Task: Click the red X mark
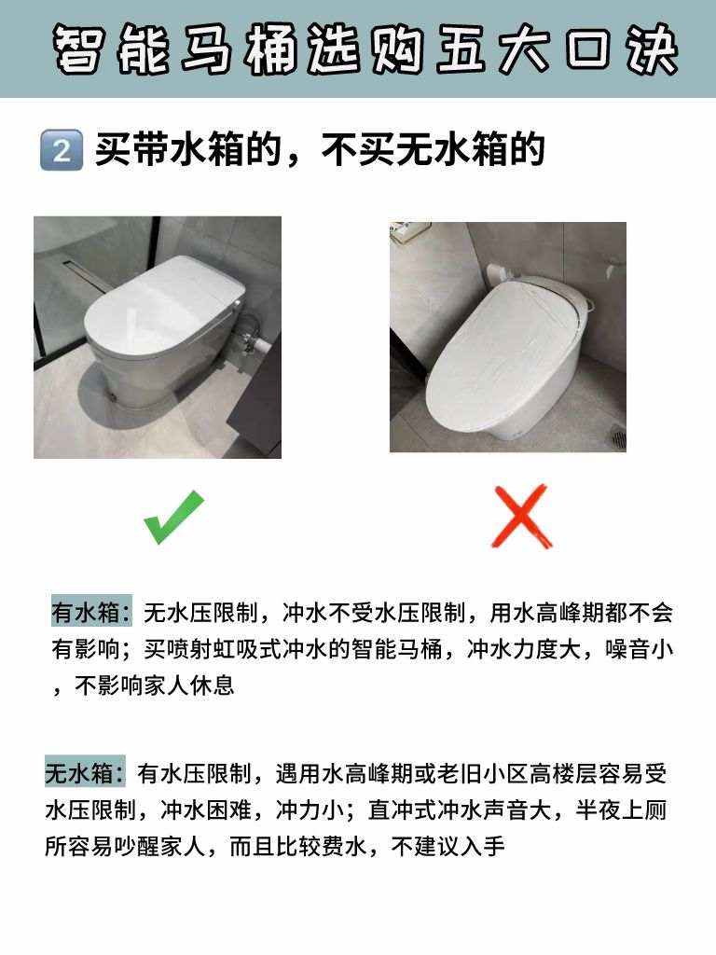[x=522, y=517]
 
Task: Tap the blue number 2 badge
[x=62, y=150]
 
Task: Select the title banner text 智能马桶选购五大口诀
[x=365, y=48]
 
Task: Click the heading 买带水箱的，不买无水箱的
[x=319, y=150]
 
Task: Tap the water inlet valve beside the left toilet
[x=251, y=334]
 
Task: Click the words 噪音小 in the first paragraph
[x=639, y=649]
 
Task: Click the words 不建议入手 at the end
[x=448, y=847]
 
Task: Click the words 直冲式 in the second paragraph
[x=402, y=810]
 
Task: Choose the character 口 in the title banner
[x=587, y=48]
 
